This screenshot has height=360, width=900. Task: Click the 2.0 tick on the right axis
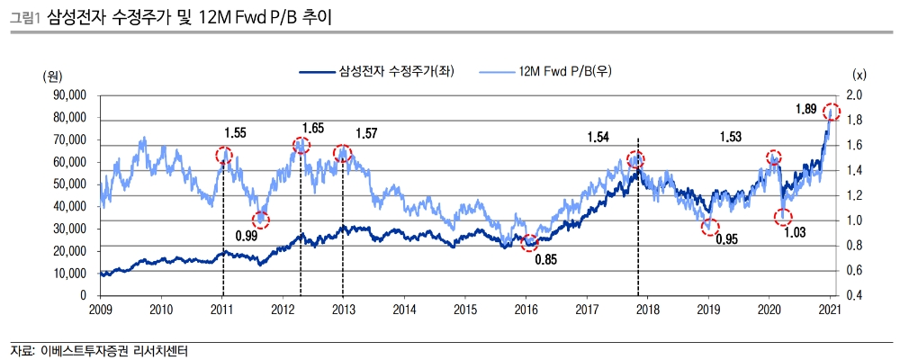point(854,95)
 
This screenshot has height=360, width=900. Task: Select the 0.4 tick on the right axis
point(854,295)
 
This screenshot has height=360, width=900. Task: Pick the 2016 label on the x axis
point(526,310)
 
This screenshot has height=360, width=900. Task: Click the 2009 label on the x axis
point(101,310)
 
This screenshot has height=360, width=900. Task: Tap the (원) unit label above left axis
point(54,76)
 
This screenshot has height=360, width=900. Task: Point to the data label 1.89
point(805,109)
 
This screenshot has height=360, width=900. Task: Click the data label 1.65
point(313,129)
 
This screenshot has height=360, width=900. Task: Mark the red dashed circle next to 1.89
point(832,112)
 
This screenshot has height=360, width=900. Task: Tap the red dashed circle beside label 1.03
point(782,216)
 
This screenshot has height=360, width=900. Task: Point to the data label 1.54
point(598,138)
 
